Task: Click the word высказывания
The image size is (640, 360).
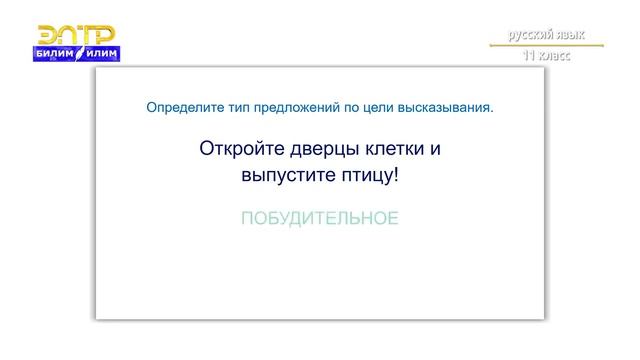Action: (448, 106)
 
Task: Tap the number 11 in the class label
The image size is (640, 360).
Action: (527, 56)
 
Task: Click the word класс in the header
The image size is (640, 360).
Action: (553, 56)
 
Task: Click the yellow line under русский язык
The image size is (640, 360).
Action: (546, 46)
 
